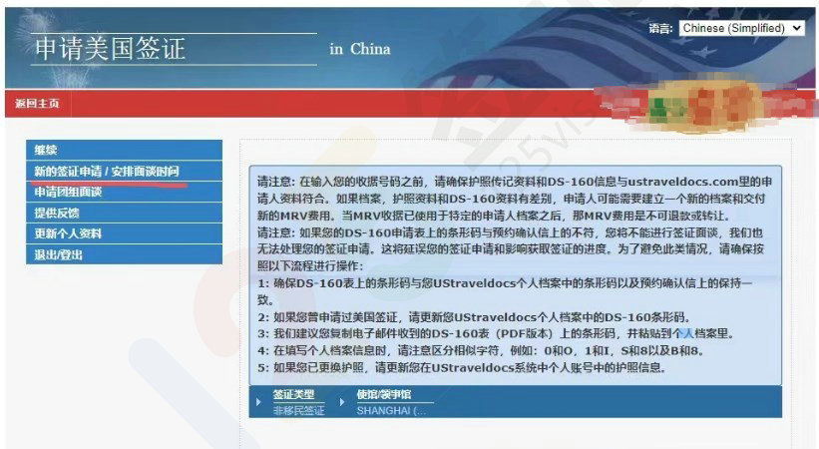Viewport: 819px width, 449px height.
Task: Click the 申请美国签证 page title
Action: [x=110, y=48]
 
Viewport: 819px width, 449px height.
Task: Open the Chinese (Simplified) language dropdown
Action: [x=740, y=29]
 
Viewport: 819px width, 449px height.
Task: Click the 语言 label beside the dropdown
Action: [x=660, y=29]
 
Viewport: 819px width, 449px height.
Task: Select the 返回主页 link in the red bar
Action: [x=37, y=104]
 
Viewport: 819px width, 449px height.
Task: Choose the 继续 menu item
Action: [x=46, y=150]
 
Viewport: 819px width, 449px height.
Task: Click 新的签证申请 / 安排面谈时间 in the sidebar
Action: [x=107, y=171]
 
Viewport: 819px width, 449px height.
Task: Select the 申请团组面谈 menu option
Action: [x=68, y=192]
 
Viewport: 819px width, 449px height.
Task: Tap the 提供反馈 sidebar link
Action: [x=57, y=213]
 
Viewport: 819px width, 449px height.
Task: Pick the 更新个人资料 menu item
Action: [x=68, y=233]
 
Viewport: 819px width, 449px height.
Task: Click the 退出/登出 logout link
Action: [x=61, y=254]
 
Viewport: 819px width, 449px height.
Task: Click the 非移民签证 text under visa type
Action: [x=298, y=410]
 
